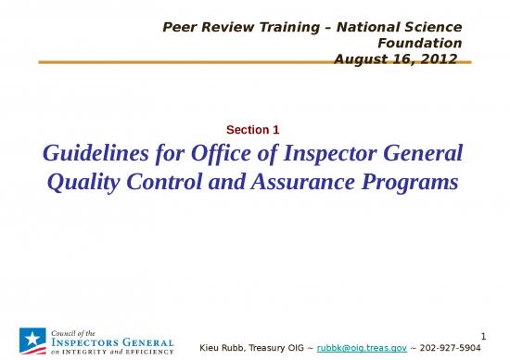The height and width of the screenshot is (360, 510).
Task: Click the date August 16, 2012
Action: tap(397, 58)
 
